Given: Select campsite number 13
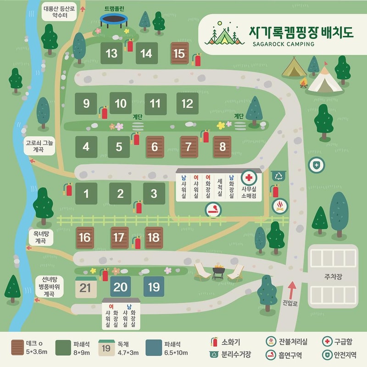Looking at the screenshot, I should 111,53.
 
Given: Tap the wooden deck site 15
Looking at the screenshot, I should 179,53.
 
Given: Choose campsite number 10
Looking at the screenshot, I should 120,104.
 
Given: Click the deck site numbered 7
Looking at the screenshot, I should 189,147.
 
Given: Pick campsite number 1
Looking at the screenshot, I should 86,194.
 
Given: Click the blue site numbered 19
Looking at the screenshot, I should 154,287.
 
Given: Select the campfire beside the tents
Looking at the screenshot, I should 303,83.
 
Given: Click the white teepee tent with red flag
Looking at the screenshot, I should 325,79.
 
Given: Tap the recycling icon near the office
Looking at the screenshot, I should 278,175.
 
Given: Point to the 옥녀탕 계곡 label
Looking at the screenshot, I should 41,237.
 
